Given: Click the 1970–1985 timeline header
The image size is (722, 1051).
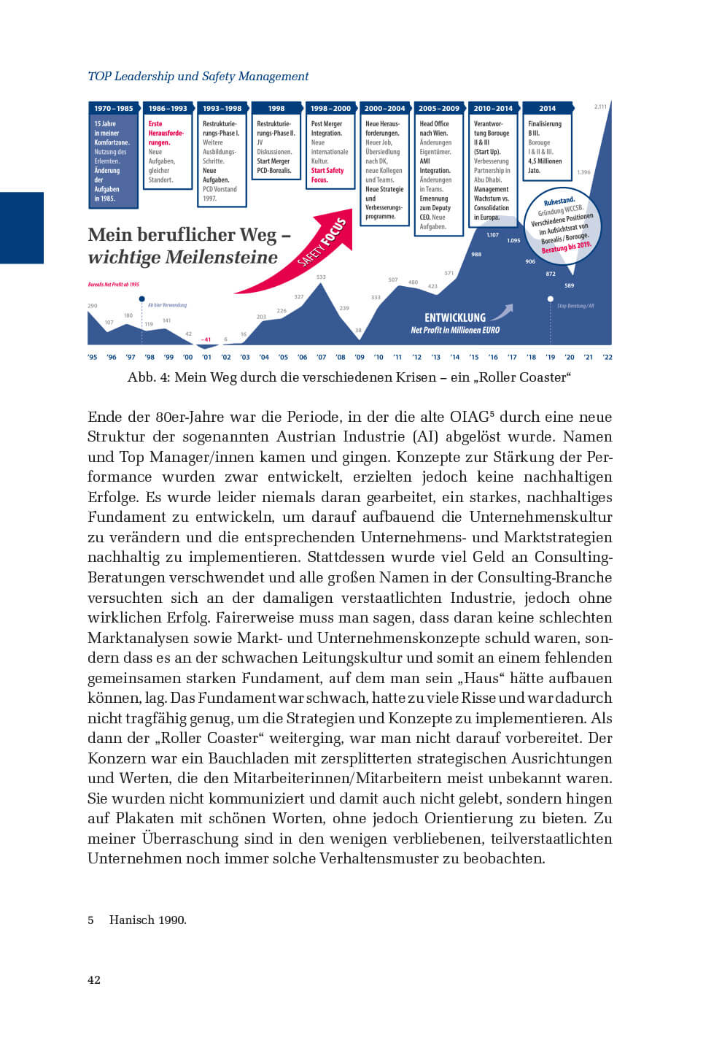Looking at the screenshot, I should tap(114, 108).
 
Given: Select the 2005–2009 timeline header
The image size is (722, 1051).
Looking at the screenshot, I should tap(439, 108).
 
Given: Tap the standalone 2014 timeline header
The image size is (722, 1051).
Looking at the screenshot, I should tap(547, 108).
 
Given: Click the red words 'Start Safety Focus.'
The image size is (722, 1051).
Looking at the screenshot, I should tap(327, 175).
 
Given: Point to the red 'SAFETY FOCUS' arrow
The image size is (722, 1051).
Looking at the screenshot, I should tap(310, 252).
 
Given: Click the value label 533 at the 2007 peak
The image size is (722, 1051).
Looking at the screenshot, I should tap(321, 277).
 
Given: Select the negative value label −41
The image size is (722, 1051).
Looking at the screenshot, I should tap(206, 339).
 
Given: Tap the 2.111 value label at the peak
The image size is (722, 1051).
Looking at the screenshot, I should tap(600, 107).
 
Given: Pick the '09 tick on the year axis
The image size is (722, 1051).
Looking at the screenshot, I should tap(360, 357).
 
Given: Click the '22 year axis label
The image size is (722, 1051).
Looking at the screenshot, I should tap(608, 357).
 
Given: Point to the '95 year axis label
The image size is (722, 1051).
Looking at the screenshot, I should tap(93, 357).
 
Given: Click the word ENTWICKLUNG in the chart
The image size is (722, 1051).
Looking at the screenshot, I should tap(455, 317).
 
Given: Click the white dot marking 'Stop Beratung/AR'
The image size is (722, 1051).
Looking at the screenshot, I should tap(551, 299).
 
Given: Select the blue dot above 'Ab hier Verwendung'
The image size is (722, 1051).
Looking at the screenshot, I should tap(141, 299).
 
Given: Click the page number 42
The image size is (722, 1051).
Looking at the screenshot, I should tap(94, 979).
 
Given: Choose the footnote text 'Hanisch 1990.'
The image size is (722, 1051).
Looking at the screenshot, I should tap(148, 920).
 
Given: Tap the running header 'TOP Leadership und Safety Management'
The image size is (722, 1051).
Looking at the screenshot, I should tap(198, 76).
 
